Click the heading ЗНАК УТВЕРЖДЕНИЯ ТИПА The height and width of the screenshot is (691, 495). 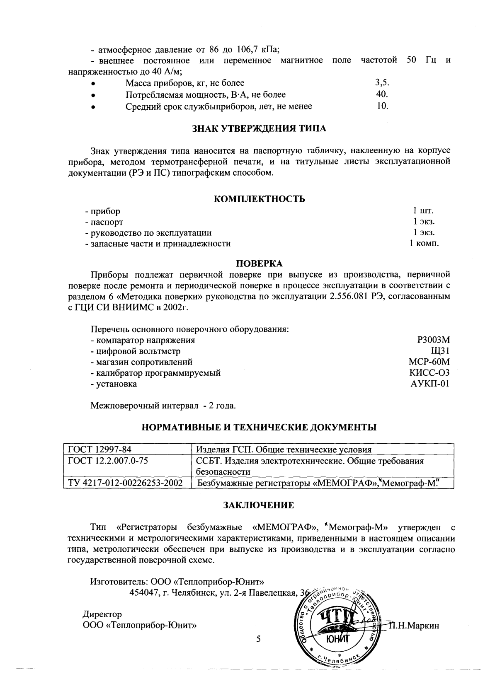pyautogui.click(x=260, y=128)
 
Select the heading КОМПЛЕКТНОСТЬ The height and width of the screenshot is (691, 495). pyautogui.click(x=260, y=199)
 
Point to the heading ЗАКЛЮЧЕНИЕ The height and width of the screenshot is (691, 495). pyautogui.click(x=259, y=505)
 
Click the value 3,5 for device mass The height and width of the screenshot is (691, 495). pyautogui.click(x=382, y=83)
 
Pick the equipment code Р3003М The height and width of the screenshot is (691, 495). pyautogui.click(x=433, y=341)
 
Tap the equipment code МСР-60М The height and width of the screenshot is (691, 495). pyautogui.click(x=429, y=362)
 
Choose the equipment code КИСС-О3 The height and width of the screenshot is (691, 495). pyautogui.click(x=429, y=373)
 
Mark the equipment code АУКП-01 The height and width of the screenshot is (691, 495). pyautogui.click(x=430, y=384)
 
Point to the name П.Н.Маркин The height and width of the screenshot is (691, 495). pyautogui.click(x=413, y=626)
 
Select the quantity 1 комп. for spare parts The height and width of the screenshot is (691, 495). pyautogui.click(x=424, y=244)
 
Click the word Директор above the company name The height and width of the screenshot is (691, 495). pyautogui.click(x=102, y=614)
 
